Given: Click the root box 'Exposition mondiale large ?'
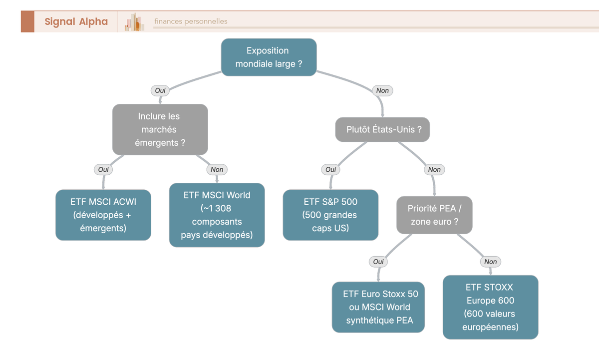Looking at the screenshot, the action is [269, 57].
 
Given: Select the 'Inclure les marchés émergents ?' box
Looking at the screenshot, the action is [160, 129].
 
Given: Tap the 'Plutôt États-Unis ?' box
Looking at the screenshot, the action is [382, 129].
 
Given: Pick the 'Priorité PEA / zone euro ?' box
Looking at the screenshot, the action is [434, 215].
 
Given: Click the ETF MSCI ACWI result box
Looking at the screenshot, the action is [103, 215].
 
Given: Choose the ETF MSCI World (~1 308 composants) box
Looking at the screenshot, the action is [217, 215].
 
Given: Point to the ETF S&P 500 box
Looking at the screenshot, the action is [330, 215].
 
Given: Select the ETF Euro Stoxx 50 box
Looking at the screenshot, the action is [378, 307].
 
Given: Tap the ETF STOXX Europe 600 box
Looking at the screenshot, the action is [490, 307].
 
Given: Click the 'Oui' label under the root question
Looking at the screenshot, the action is [160, 90].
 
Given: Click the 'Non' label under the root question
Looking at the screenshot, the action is [382, 90].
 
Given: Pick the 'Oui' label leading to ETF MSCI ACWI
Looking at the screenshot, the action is [103, 169].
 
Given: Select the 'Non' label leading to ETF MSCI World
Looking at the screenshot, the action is [217, 169].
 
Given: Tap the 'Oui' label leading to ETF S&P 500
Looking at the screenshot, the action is [330, 169].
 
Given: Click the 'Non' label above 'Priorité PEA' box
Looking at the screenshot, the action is [434, 169].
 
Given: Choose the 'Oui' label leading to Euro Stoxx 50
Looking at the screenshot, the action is [378, 262].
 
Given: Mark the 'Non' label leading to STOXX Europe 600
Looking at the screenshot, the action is [490, 262].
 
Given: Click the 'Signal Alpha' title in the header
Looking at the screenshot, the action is [76, 21].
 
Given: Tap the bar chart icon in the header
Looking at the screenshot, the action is [134, 21].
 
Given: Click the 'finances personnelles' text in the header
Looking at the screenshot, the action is [191, 21].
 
